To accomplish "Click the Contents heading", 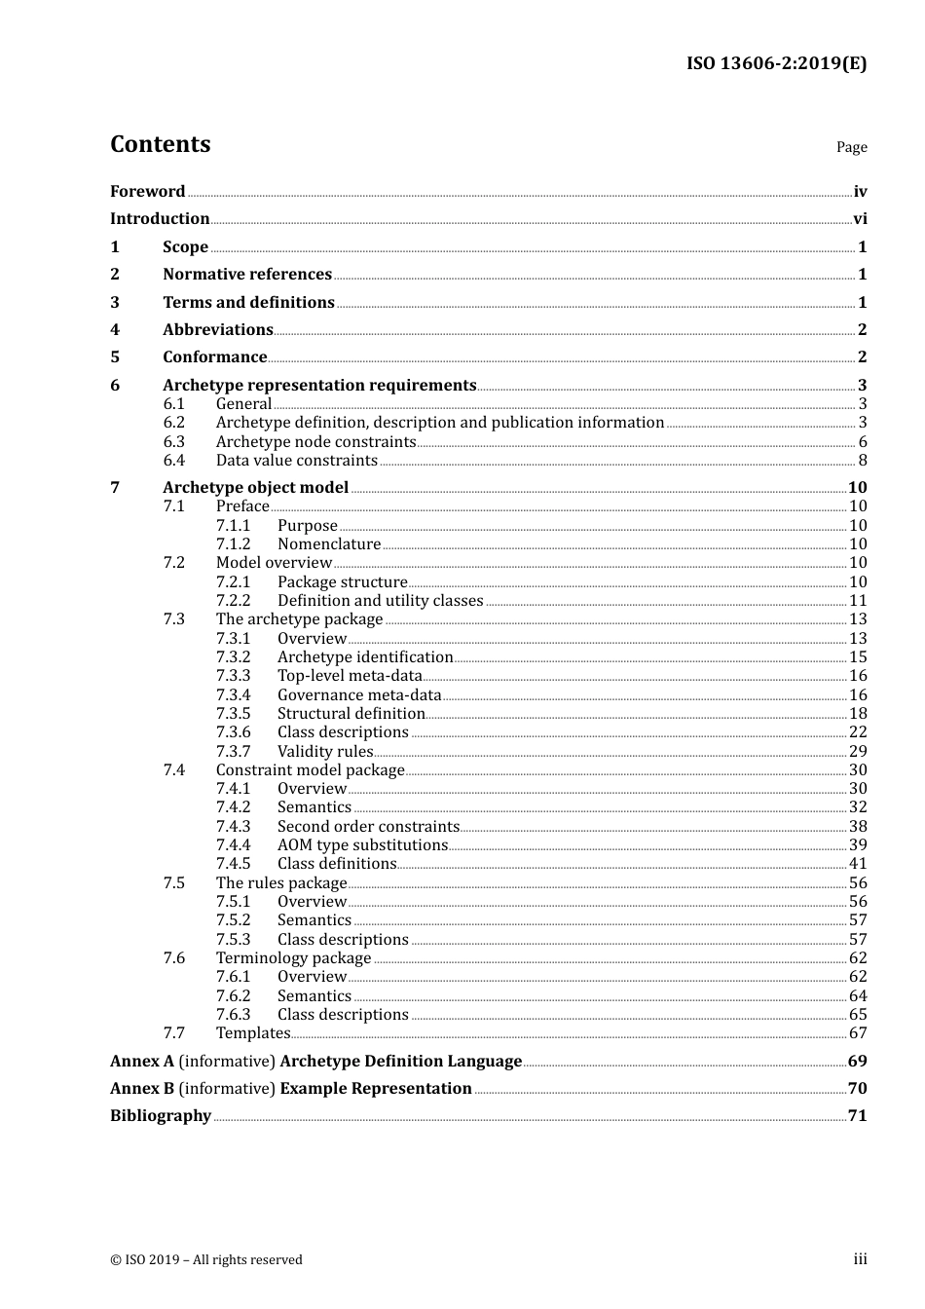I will [x=160, y=144].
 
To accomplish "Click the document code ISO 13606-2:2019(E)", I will [x=776, y=63].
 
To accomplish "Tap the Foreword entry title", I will [x=147, y=191].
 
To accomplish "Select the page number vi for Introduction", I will [x=860, y=219].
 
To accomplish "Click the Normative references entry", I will [x=247, y=275].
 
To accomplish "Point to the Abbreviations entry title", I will [x=218, y=330].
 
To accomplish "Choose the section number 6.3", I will [x=174, y=441].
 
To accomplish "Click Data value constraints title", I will [x=296, y=461].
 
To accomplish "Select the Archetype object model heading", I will [x=255, y=487].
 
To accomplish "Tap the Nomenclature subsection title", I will [x=329, y=544].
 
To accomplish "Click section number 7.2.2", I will [x=233, y=601].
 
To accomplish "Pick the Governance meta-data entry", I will [x=359, y=694].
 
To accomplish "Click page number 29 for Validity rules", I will [x=858, y=751].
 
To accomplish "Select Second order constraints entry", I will [x=368, y=826].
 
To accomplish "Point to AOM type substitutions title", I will [x=362, y=845].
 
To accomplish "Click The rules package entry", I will [x=281, y=882].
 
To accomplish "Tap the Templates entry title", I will [x=253, y=1033].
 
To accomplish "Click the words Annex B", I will [x=142, y=1088].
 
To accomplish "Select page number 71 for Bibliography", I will [x=857, y=1116].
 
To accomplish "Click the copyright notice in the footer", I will [x=206, y=1259].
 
